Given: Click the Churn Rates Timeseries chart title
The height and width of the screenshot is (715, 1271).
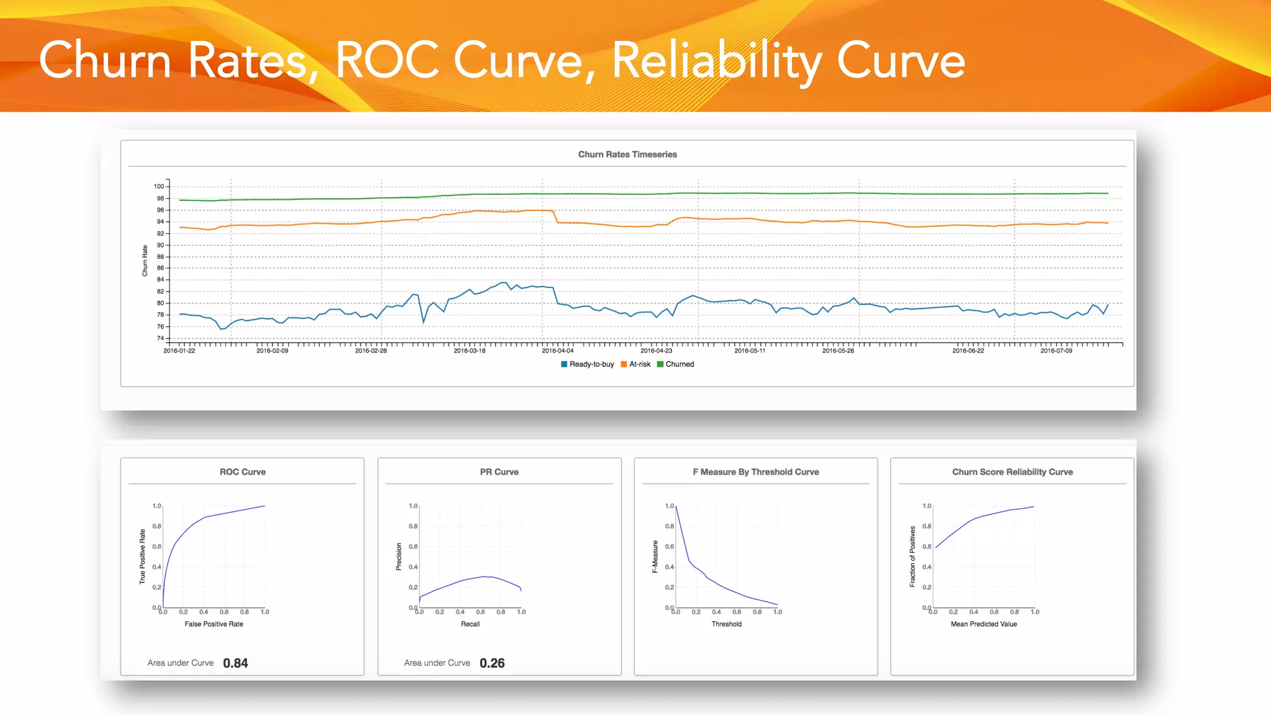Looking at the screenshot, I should point(627,155).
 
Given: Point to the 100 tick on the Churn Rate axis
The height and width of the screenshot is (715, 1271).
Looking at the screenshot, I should point(159,186).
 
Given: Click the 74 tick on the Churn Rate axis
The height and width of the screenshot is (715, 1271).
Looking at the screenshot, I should point(160,338).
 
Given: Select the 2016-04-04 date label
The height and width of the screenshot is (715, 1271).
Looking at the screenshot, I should point(557,351).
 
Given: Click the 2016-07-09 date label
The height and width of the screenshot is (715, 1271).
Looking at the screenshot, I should point(1056,351).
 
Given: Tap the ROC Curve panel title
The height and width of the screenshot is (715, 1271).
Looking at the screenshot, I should point(243,472).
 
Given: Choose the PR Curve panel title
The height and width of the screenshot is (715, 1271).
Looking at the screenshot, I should point(499,472).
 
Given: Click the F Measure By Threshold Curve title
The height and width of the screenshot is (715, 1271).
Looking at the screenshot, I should point(756,472).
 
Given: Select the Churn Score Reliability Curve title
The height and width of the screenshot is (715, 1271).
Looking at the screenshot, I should point(1012,472).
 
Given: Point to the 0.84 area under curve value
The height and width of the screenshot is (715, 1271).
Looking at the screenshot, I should point(235,663).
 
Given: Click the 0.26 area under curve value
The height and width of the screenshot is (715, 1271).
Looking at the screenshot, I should point(492,663).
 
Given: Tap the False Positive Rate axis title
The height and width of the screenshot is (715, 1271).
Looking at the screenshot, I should point(213,624).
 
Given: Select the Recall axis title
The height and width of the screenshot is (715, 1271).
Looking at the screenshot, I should point(470,624).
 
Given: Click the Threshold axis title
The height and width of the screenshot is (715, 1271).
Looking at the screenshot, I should point(726,624).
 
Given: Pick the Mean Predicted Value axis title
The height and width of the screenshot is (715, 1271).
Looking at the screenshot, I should point(984,624).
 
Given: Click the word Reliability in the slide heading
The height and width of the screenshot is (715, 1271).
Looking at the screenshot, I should point(717,61).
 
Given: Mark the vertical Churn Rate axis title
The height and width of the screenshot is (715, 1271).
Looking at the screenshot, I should point(145,261).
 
